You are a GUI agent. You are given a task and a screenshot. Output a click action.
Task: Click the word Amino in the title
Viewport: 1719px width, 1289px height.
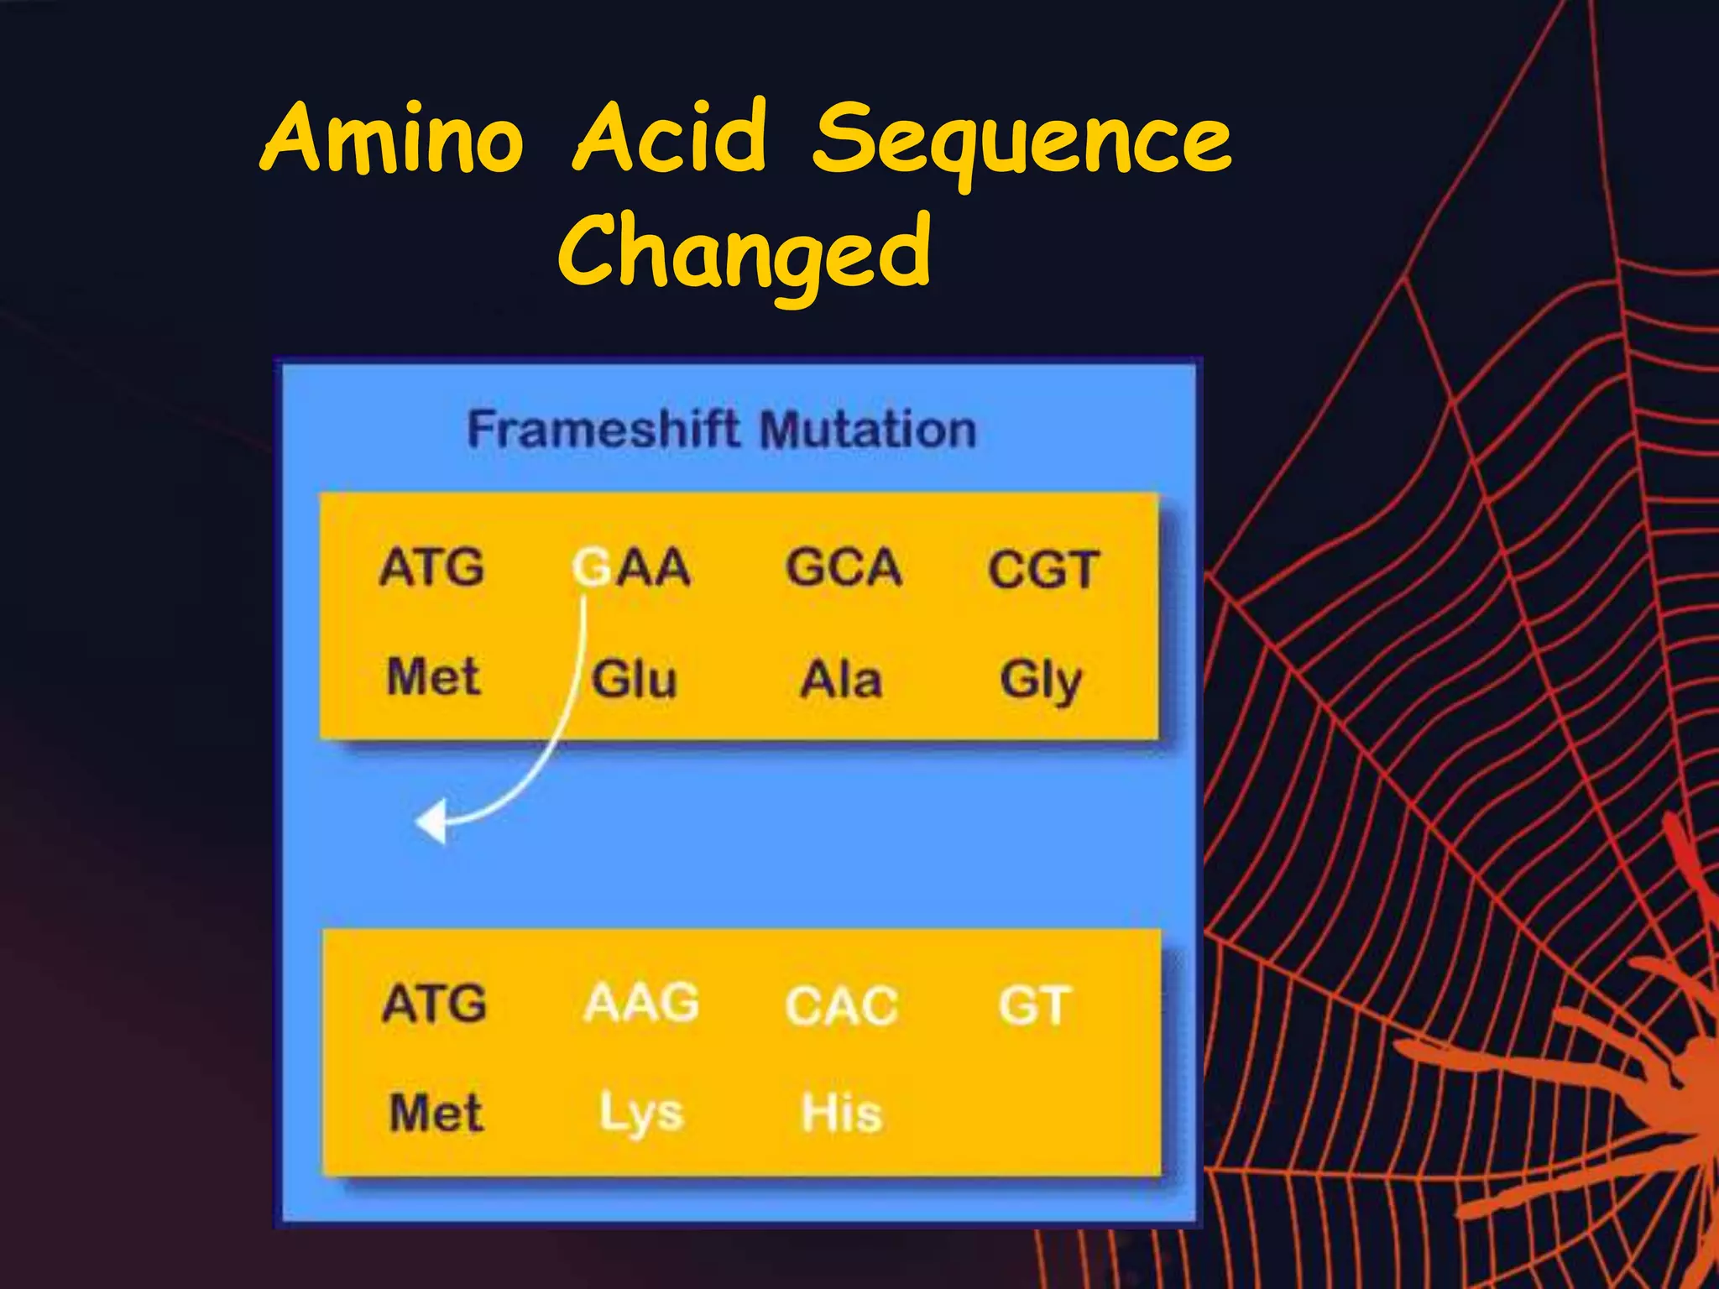[392, 138]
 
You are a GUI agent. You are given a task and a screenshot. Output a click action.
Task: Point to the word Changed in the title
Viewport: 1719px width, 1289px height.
[744, 252]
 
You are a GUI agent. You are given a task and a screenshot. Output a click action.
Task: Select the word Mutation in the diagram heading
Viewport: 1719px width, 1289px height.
[868, 430]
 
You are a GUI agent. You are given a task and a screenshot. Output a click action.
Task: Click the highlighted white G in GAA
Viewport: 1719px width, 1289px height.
[591, 568]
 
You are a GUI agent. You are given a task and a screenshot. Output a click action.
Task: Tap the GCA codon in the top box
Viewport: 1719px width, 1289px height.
[844, 568]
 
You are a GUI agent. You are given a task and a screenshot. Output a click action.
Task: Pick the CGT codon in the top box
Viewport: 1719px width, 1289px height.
[1043, 570]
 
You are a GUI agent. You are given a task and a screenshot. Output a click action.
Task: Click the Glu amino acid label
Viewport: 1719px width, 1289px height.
[634, 679]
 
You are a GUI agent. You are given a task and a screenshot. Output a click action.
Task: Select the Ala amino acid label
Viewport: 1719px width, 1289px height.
[841, 679]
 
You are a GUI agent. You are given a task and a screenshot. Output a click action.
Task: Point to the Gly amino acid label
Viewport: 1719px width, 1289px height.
[1041, 681]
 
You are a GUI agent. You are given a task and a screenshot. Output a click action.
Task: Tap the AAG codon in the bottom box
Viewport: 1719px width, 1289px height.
[642, 1003]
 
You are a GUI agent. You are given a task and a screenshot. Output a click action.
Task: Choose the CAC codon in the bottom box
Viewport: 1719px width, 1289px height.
[842, 1006]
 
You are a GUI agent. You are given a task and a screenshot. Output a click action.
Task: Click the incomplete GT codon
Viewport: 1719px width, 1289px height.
[1034, 1005]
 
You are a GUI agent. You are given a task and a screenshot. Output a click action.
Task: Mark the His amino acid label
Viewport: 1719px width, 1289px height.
[841, 1114]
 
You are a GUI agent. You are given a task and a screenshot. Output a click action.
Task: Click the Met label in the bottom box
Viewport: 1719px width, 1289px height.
[436, 1114]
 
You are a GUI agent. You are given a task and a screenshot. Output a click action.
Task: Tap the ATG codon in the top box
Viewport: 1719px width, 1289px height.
[432, 568]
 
